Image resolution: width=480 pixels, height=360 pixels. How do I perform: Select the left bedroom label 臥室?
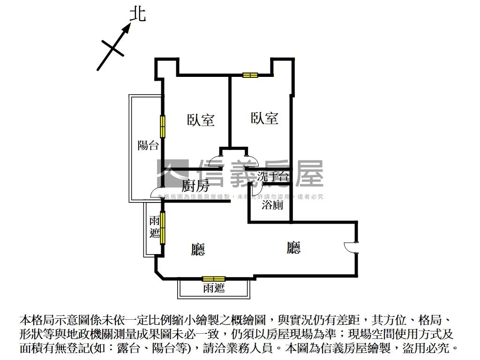(201, 120)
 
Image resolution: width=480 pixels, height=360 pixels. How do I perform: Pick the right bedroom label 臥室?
(264, 118)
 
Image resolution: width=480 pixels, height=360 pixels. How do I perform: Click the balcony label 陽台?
(148, 145)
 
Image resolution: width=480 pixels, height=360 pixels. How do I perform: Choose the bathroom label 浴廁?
(272, 204)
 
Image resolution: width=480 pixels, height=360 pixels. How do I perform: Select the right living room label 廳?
(294, 247)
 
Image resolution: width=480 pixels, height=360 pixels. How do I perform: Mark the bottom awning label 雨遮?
(214, 288)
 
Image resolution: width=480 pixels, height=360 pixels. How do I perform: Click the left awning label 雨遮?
(154, 226)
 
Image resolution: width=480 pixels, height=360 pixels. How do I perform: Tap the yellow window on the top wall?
(250, 75)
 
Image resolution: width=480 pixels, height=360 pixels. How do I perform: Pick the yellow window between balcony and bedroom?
(163, 127)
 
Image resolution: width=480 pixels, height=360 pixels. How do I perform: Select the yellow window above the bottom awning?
(213, 279)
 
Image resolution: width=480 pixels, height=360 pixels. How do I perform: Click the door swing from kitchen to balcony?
(156, 193)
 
